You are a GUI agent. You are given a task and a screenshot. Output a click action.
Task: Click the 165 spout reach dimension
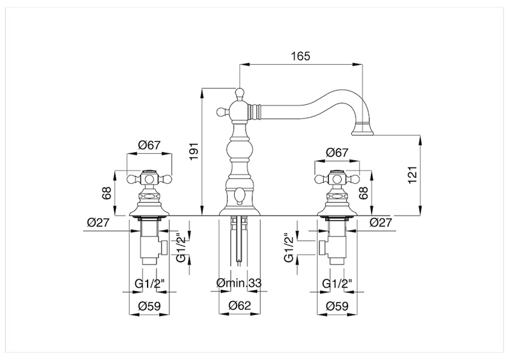pos(300,56)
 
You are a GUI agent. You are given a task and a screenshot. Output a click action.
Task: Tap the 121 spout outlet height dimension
pos(412,175)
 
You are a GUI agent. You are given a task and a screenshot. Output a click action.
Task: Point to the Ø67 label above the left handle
pos(150,145)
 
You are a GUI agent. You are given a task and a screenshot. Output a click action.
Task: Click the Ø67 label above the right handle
pos(337,152)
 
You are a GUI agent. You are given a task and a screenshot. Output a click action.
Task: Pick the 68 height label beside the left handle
pos(106,193)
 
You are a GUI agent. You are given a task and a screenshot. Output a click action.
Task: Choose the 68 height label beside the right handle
pos(363,193)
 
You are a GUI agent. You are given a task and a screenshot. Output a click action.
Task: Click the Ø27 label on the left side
pos(99,223)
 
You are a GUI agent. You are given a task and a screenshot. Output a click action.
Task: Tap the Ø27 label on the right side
pos(380,223)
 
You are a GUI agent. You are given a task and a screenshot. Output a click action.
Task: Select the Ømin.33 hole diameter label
pos(239,283)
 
